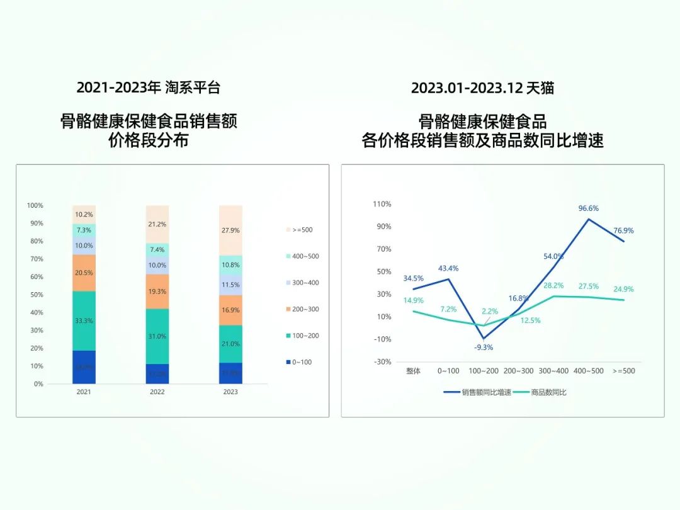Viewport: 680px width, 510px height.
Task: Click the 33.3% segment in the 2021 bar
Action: click(x=84, y=320)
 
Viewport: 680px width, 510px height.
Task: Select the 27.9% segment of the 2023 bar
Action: click(x=230, y=230)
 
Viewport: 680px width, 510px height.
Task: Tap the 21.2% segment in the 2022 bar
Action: click(x=157, y=224)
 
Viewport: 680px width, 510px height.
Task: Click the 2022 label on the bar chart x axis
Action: click(x=157, y=392)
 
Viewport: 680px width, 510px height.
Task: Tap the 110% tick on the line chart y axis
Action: click(x=382, y=204)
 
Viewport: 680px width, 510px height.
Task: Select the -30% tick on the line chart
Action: click(x=382, y=362)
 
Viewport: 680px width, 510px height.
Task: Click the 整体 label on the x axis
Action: click(x=413, y=371)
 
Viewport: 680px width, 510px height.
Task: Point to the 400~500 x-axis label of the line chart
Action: click(x=588, y=371)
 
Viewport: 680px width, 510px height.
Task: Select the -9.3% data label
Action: click(x=484, y=347)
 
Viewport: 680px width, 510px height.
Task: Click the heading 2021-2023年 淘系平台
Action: click(x=149, y=88)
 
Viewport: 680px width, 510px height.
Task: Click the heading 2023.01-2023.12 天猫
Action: click(x=482, y=88)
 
